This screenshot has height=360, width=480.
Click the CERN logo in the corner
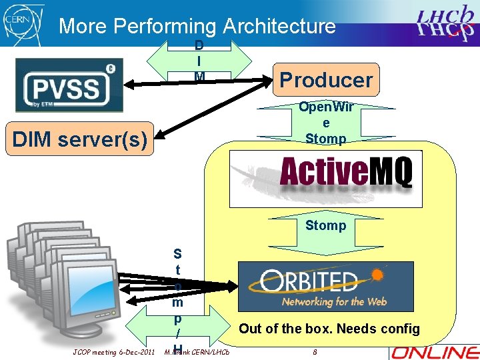tap(21, 23)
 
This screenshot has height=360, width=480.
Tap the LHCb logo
tap(445, 24)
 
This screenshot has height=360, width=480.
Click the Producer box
tap(326, 80)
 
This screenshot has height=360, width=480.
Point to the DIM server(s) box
tap(79, 139)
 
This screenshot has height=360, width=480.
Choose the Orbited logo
tap(326, 286)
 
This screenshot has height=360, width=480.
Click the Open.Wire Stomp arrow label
tap(325, 123)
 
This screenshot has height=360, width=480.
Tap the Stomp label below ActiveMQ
tap(325, 225)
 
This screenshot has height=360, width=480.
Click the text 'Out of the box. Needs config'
tap(329, 328)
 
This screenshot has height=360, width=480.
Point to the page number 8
tap(315, 351)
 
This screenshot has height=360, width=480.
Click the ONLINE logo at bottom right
tap(435, 351)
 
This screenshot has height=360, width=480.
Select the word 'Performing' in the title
tap(165, 26)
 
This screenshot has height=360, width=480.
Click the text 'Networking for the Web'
tap(334, 301)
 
